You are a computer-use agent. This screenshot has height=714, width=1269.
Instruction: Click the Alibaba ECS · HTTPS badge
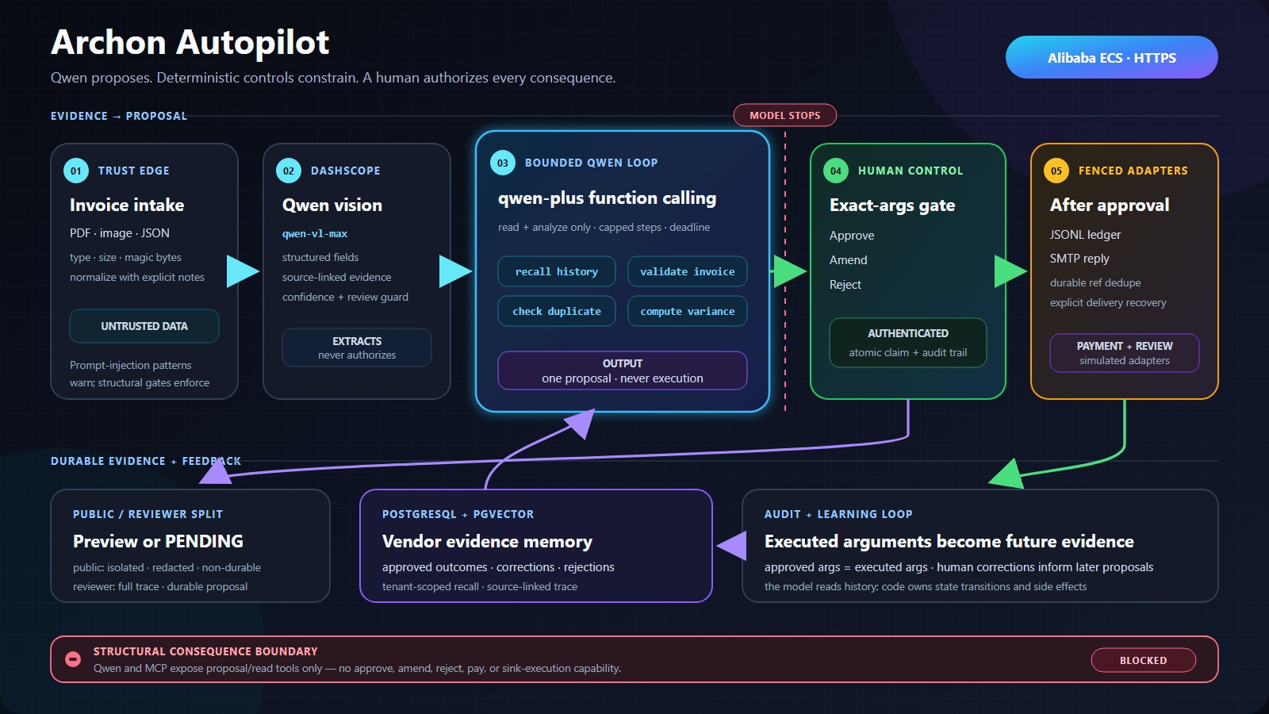coord(1111,57)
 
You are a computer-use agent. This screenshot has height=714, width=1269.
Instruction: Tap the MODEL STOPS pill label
coord(784,115)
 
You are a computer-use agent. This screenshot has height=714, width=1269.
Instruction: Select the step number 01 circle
coord(76,171)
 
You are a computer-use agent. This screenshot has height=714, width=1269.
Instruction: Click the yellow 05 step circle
coord(1056,171)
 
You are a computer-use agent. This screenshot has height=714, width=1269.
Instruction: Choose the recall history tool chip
coord(556,271)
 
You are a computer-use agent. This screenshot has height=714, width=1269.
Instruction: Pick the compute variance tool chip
coord(687,311)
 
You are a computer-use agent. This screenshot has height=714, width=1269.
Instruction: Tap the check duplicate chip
coord(556,311)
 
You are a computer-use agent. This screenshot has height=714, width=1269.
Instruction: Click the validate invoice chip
coord(687,271)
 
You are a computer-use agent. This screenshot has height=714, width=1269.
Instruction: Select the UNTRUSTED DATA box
coord(144,326)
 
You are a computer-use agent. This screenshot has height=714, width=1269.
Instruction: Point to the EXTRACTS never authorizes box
coord(357,347)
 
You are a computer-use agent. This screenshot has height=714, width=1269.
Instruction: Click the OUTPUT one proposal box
coord(622,370)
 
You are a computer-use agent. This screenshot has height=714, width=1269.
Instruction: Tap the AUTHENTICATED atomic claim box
coord(907,343)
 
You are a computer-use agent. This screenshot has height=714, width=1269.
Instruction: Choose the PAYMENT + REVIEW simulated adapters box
coord(1124,353)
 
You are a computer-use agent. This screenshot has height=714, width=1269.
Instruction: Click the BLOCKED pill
coord(1143,660)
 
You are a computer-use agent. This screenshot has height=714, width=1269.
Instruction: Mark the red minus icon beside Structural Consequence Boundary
coord(72,659)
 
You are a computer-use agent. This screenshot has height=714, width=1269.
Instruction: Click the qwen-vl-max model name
coord(315,233)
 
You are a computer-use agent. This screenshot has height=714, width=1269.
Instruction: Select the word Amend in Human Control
coord(848,260)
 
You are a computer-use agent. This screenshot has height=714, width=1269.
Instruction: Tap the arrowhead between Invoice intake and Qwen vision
coord(243,271)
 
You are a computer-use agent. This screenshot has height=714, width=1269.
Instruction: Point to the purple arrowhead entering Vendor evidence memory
coord(732,546)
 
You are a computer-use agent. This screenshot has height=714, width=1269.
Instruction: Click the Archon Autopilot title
coord(190,43)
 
